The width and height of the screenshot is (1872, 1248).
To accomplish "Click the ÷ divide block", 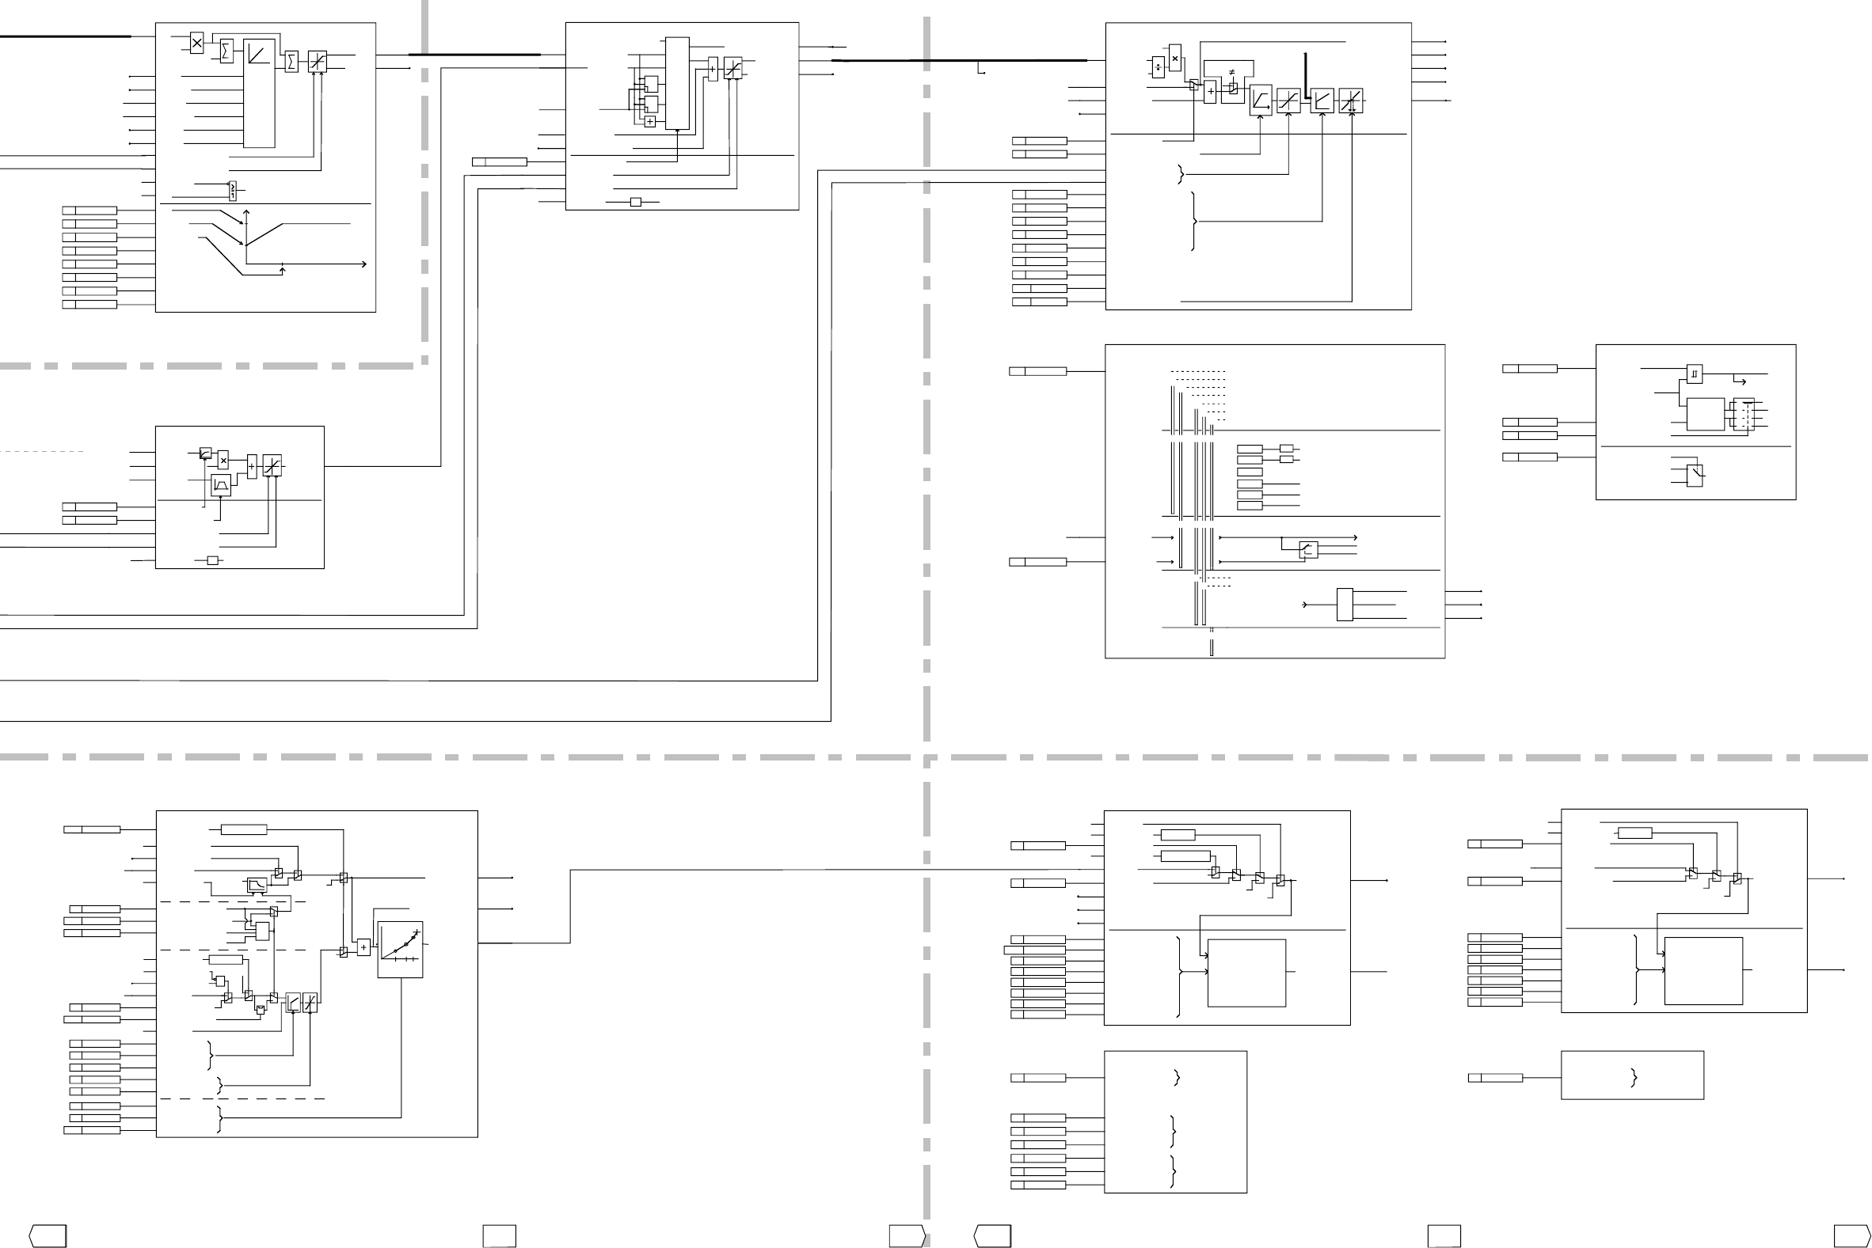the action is click(x=1158, y=67).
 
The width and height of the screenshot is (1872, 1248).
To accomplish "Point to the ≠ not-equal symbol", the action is click(x=1232, y=73).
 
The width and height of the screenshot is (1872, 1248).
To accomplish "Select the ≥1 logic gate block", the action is click(x=233, y=191).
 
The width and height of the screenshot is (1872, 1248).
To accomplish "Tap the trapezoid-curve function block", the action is click(x=221, y=484).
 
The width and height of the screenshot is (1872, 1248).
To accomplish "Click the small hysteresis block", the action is click(x=1695, y=374).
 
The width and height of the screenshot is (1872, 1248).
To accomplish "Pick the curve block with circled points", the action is click(x=400, y=950).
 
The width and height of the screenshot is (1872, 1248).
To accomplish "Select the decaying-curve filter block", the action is click(x=257, y=885).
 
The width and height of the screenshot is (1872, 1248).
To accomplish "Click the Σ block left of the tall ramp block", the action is click(x=226, y=51).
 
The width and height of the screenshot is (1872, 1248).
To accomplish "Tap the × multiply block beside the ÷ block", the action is click(x=1175, y=57).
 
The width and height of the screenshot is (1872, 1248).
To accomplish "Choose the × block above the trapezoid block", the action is click(x=223, y=460).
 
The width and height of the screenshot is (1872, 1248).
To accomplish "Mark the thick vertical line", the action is click(x=1306, y=76).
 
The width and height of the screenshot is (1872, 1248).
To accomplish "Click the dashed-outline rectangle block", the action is click(x=1743, y=415).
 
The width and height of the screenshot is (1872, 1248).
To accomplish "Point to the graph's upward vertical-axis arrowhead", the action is click(x=247, y=213).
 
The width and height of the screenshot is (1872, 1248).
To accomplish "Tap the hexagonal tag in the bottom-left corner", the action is click(x=48, y=1236).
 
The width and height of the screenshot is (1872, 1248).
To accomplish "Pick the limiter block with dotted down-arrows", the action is click(x=1350, y=101).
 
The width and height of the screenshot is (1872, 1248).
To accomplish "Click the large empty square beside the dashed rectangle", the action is click(x=1706, y=415).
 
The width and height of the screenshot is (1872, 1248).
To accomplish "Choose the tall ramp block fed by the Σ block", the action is click(x=259, y=93).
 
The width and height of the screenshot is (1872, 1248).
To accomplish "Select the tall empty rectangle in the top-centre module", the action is click(x=677, y=83).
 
